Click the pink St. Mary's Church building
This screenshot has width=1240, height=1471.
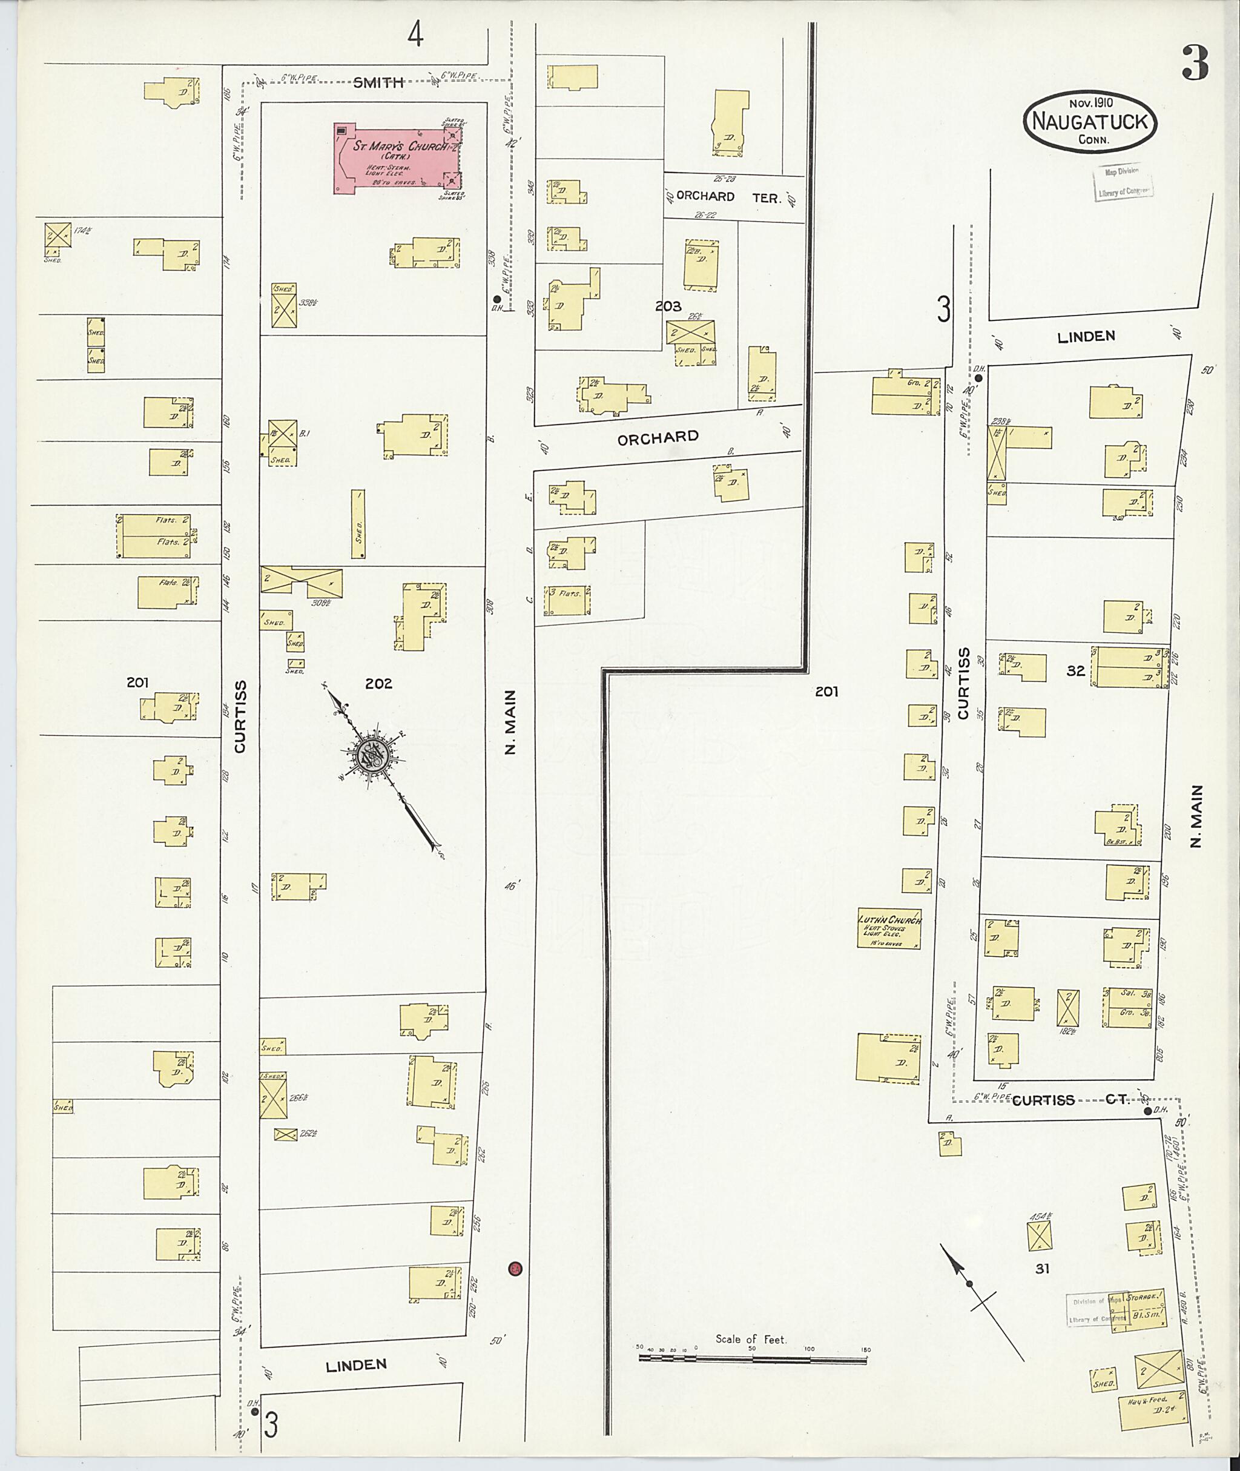(x=397, y=159)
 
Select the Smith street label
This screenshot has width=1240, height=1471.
(x=378, y=83)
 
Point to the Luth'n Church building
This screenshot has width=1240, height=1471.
(x=889, y=929)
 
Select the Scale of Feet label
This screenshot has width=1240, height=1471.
(x=751, y=1339)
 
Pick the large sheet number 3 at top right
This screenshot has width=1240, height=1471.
(x=1195, y=63)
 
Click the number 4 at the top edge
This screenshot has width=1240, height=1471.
(x=415, y=34)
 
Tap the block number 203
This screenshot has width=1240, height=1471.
(x=668, y=306)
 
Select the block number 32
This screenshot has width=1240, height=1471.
(x=1075, y=671)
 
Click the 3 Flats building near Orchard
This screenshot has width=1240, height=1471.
(x=567, y=600)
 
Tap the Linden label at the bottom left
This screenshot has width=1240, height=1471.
(x=357, y=1365)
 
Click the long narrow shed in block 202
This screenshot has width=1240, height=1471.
(x=358, y=524)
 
